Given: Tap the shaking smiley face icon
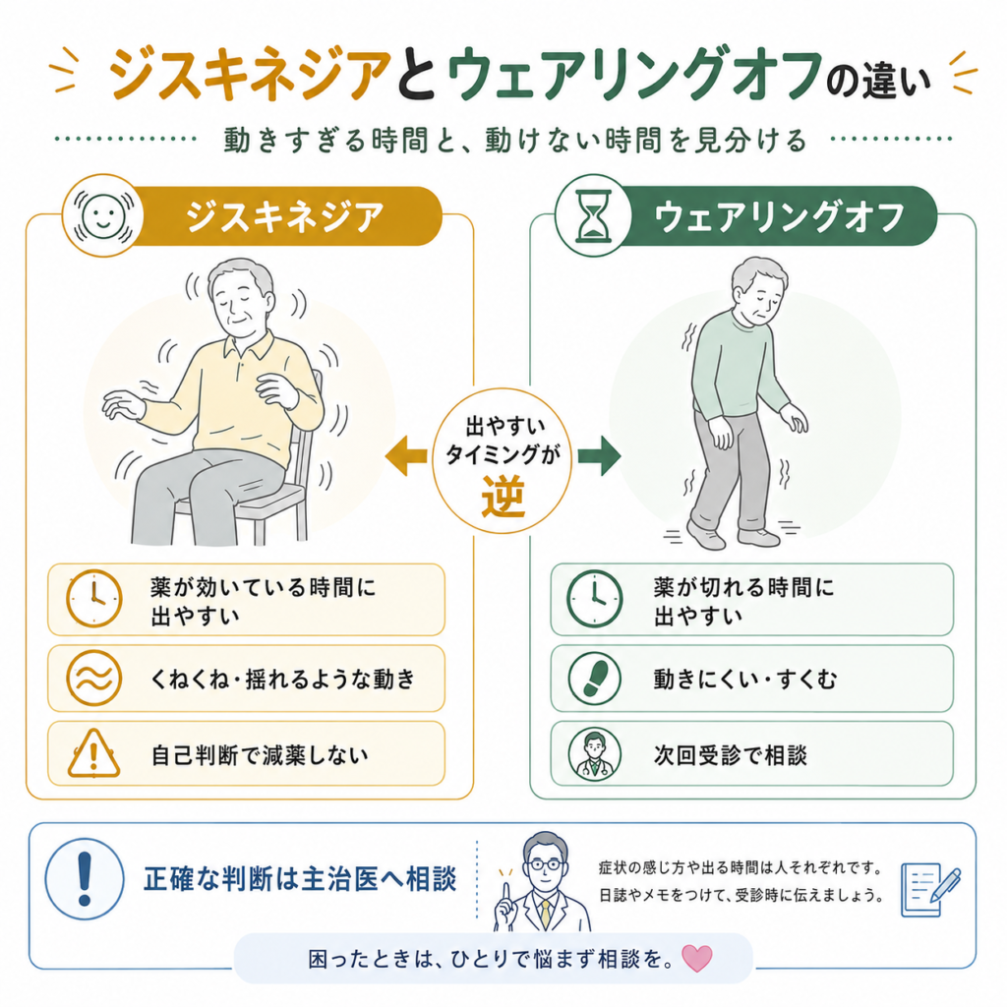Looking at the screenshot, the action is (102, 215).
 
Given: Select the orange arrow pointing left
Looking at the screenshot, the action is (406, 456).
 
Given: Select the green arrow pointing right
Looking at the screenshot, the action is (599, 456).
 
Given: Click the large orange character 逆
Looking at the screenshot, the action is (503, 497).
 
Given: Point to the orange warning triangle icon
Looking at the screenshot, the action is (93, 753).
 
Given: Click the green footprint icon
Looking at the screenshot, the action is (595, 679).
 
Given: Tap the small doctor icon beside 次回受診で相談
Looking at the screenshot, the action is (595, 753).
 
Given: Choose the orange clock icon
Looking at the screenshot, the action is (93, 599).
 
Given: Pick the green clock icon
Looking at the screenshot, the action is (595, 599).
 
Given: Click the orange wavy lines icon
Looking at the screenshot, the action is (93, 679).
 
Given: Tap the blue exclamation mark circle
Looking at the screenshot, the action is (85, 878).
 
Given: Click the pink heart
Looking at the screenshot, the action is (697, 958).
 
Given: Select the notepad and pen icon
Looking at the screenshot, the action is (930, 889).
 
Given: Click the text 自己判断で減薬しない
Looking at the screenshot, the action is (260, 755).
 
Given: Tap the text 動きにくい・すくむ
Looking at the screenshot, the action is (745, 679).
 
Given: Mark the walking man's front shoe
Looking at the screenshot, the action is (705, 535).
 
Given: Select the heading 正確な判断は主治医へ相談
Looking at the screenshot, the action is (300, 878).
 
